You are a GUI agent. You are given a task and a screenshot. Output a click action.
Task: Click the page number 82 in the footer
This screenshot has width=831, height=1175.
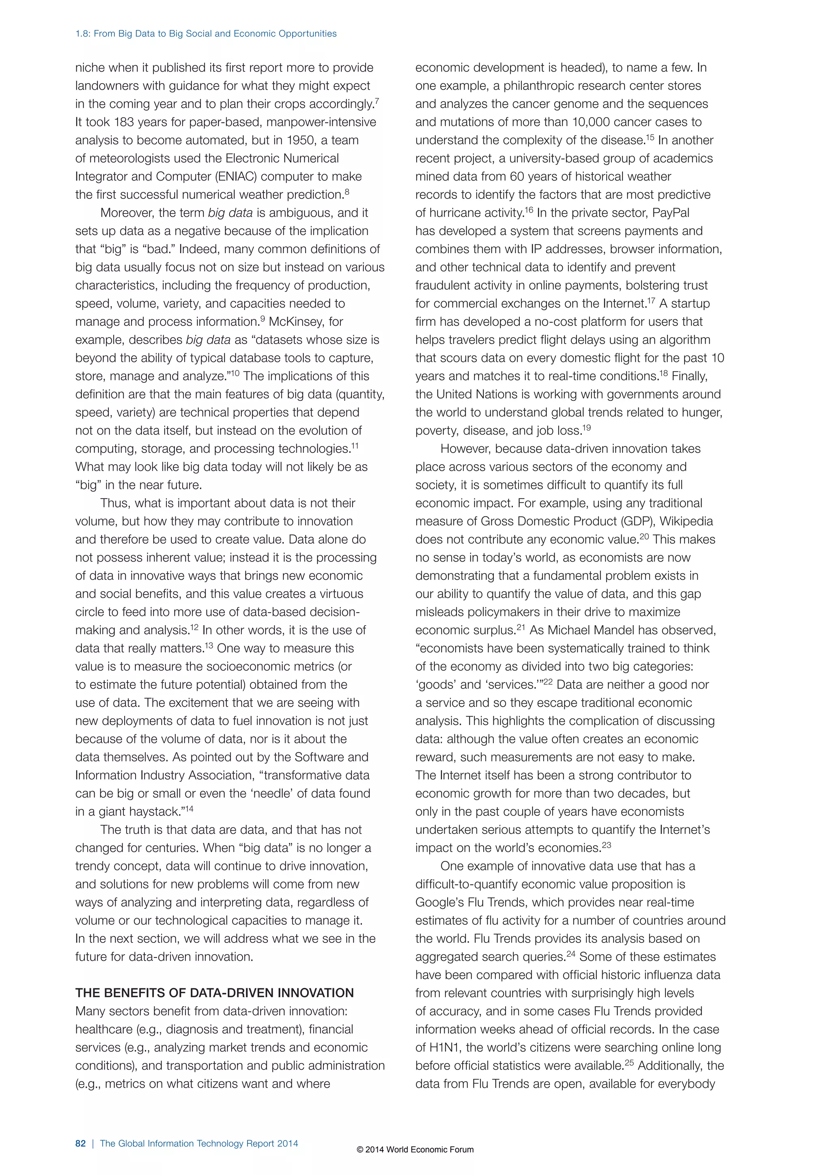click(80, 1143)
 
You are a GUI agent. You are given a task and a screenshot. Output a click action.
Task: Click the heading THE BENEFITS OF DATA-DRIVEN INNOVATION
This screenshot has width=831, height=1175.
click(214, 993)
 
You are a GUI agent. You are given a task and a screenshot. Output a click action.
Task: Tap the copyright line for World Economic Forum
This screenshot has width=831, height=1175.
click(415, 1149)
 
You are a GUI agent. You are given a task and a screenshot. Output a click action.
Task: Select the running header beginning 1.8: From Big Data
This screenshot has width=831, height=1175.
click(206, 34)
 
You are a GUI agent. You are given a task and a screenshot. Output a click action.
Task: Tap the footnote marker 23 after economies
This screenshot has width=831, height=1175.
click(606, 846)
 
